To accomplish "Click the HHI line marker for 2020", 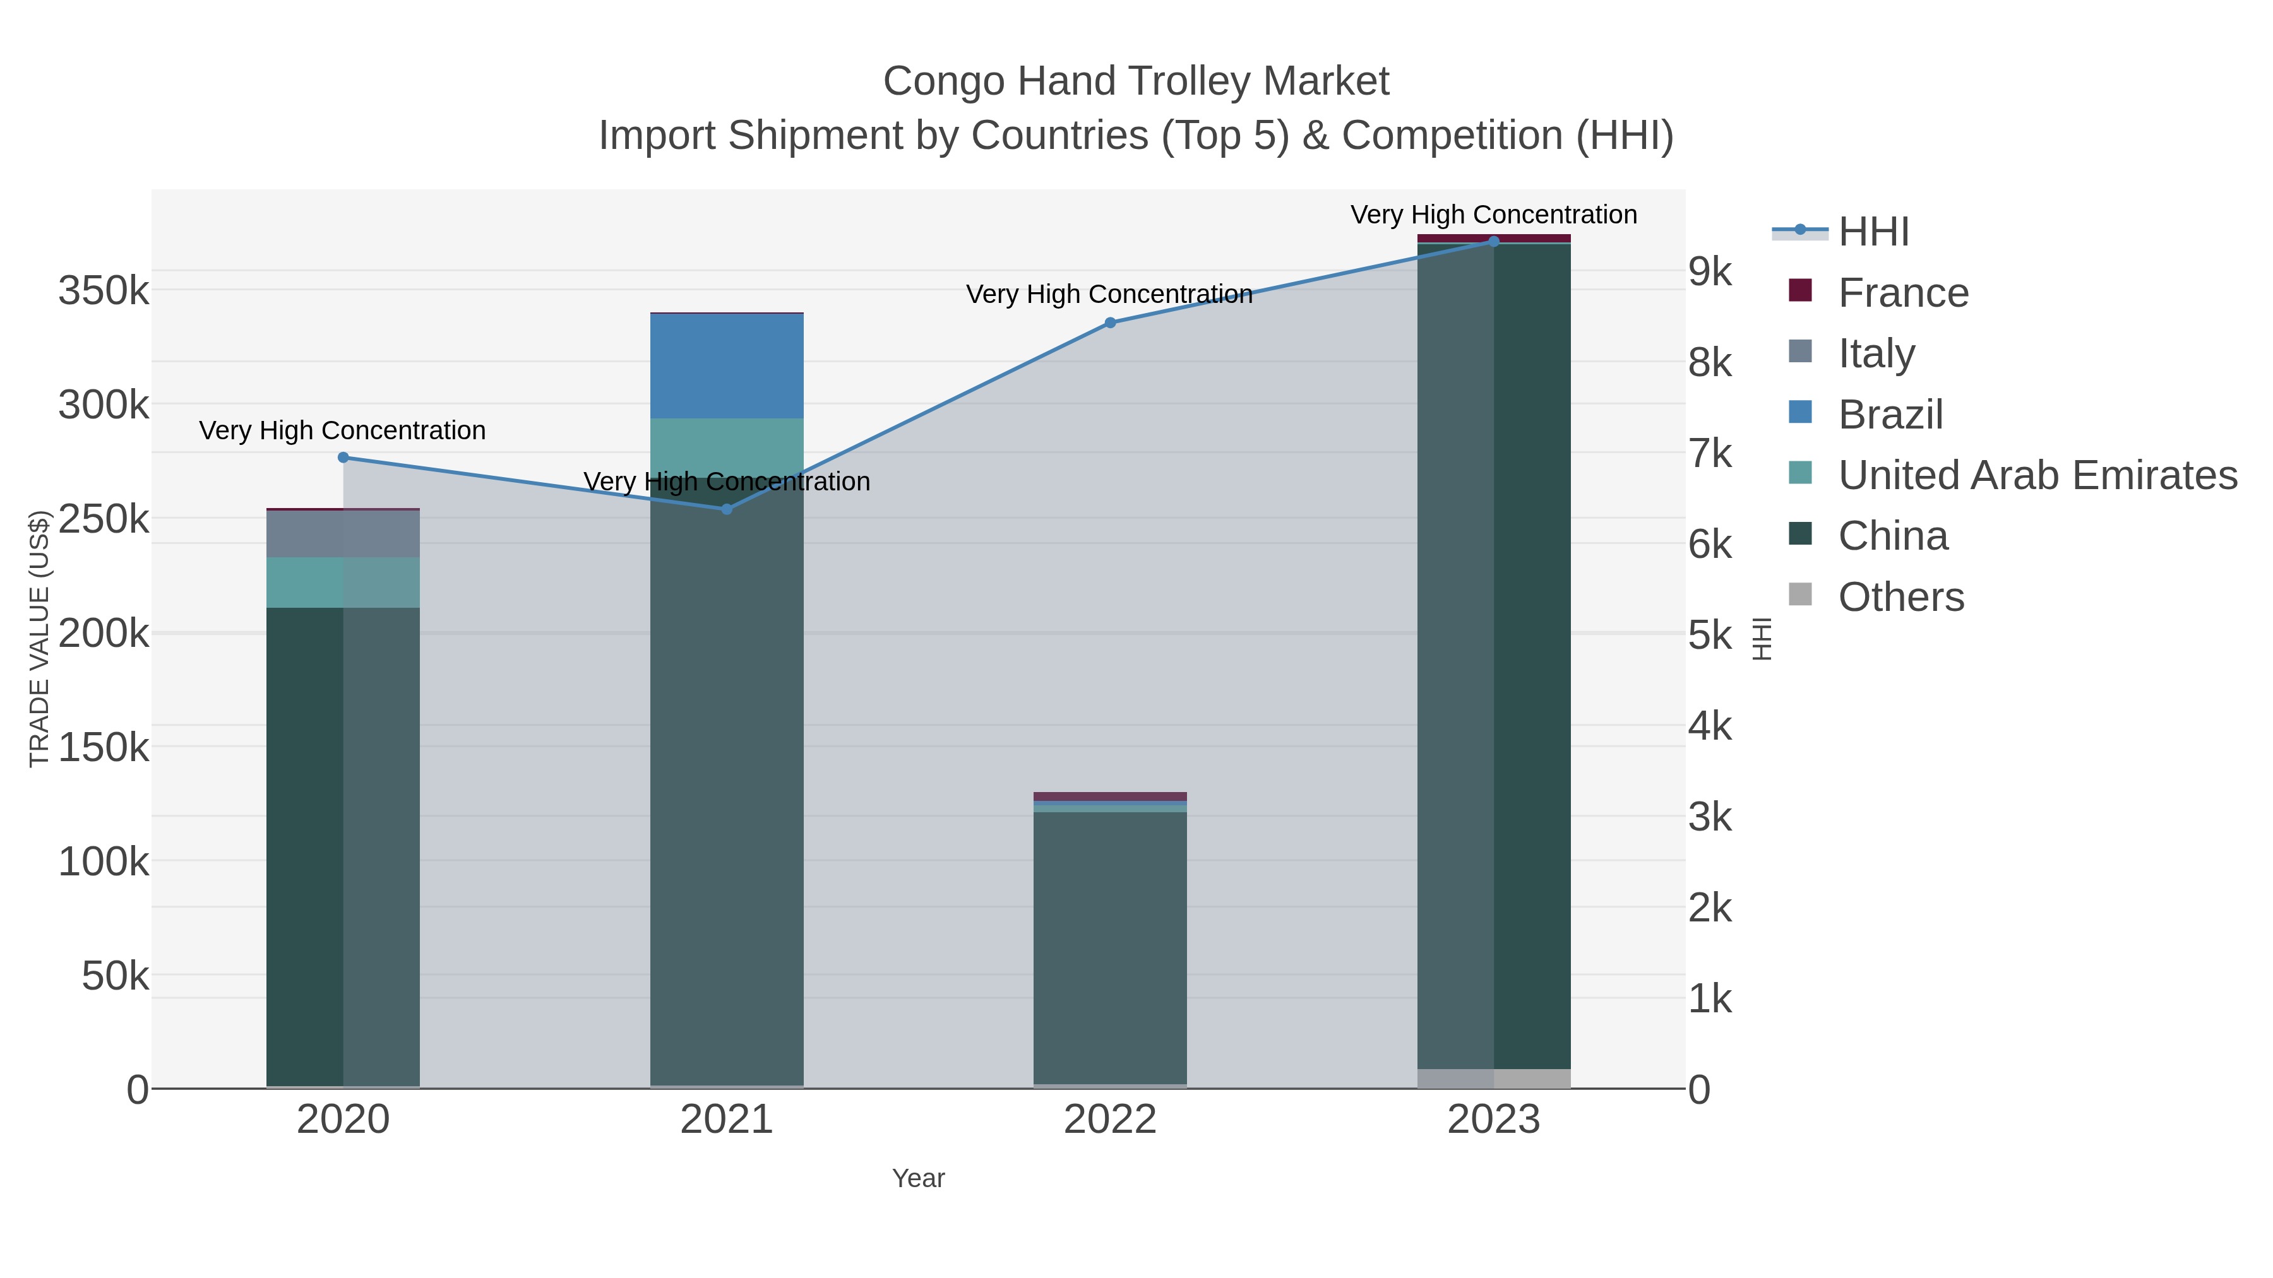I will (x=343, y=457).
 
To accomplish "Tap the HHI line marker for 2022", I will (x=1110, y=322).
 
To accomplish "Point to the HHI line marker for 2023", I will (x=1494, y=242).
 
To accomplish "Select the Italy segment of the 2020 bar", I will (x=343, y=533).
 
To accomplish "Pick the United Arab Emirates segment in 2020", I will (x=343, y=582).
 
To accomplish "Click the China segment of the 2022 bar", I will (x=1110, y=948).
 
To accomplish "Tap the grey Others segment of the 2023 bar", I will (x=1494, y=1078).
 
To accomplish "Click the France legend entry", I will (x=1902, y=293).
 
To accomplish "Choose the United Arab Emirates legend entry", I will (x=2036, y=475).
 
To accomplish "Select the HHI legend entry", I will (x=1873, y=232).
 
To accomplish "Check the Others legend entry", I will (x=1900, y=597).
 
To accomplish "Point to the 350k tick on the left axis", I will (x=104, y=290).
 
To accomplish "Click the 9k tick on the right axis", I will (x=1710, y=271).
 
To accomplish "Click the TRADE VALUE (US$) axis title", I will (x=39, y=639).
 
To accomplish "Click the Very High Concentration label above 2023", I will (x=1493, y=215).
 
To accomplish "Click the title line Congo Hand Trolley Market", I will (x=1136, y=81).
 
